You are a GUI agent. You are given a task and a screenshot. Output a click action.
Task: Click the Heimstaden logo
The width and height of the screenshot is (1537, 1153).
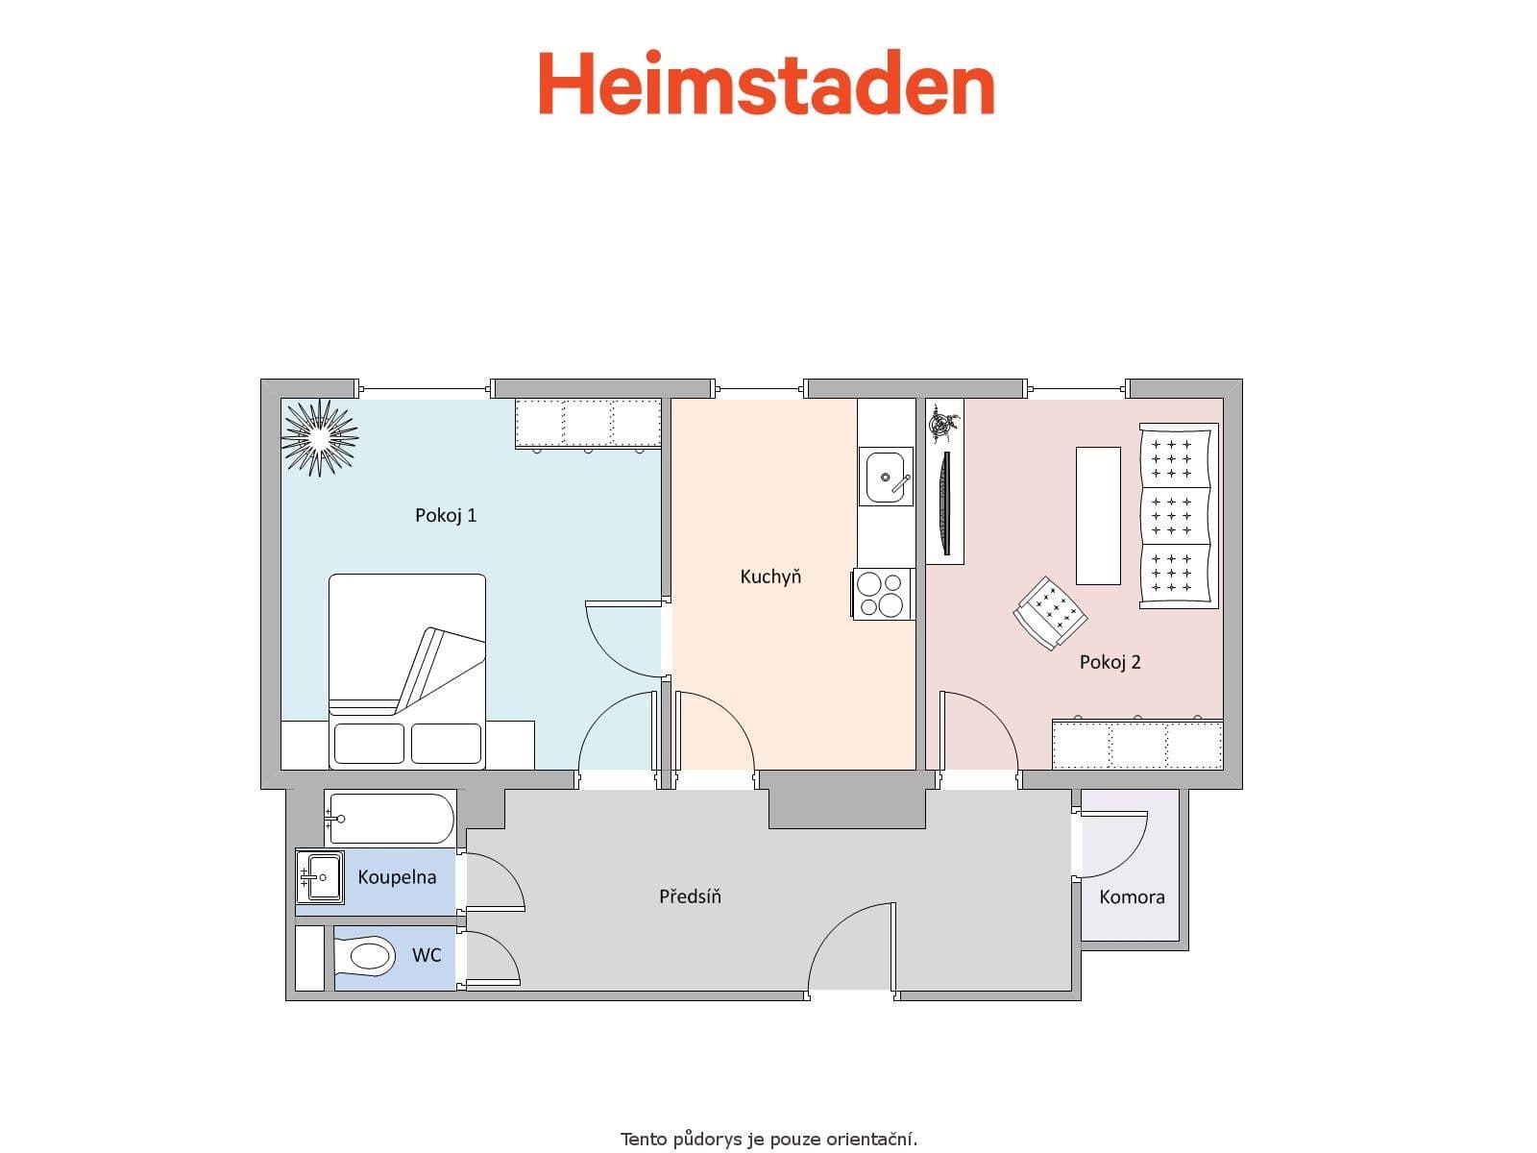pos(766,84)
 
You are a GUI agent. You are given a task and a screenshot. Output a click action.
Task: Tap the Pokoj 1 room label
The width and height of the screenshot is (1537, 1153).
pos(446,515)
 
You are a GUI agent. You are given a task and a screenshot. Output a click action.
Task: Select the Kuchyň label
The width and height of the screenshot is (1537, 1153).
pos(769,576)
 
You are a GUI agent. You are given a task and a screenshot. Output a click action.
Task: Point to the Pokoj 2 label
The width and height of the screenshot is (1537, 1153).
pos(1110,662)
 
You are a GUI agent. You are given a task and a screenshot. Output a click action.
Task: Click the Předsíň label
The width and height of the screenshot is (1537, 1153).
pos(690,896)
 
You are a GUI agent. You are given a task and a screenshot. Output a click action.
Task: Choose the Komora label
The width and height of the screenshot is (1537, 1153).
pos(1132,897)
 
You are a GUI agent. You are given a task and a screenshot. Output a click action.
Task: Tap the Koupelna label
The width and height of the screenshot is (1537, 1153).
pos(397,877)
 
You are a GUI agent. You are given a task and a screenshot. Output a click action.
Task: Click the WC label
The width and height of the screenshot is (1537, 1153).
pos(427,955)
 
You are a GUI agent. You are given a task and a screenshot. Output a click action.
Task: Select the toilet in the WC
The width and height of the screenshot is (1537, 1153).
pos(366,956)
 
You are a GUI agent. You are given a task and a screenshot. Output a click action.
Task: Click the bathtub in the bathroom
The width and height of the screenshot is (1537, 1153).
pos(390,819)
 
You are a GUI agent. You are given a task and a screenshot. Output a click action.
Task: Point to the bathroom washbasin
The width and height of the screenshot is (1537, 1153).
pos(320,876)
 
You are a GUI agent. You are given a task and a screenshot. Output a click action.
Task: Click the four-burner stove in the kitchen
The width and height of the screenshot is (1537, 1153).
pos(882,594)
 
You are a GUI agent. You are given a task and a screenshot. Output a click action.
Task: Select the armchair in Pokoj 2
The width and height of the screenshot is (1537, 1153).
pos(1050,612)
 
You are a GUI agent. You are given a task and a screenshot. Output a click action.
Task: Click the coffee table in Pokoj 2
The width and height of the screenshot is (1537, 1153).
pos(1098,515)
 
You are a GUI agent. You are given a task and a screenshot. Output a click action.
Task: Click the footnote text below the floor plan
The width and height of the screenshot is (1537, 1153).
pos(768,1140)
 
